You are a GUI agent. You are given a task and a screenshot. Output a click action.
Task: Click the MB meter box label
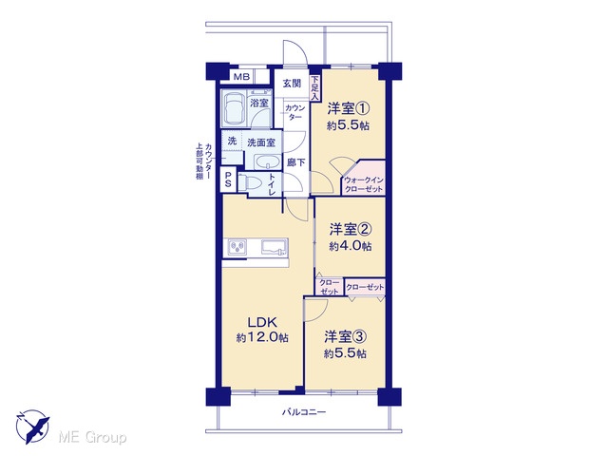pyautogui.click(x=241, y=77)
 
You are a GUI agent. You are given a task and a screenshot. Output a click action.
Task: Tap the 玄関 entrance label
pyautogui.click(x=292, y=84)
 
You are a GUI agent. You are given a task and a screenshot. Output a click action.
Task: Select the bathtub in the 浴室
pyautogui.click(x=234, y=108)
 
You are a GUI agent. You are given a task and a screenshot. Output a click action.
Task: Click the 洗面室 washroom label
pyautogui.click(x=261, y=142)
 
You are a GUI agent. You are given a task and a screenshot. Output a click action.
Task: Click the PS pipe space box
pyautogui.click(x=228, y=180)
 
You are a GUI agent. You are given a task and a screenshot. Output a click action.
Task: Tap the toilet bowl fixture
pyautogui.click(x=249, y=181)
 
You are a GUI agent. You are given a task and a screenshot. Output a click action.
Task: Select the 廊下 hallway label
pyautogui.click(x=295, y=162)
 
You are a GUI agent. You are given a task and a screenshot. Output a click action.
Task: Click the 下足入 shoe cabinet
pyautogui.click(x=314, y=88)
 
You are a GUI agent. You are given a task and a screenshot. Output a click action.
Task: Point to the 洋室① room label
pyautogui.click(x=348, y=108)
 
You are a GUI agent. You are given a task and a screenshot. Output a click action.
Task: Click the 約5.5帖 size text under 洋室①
pyautogui.click(x=348, y=125)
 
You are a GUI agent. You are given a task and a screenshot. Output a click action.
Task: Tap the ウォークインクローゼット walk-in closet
pyautogui.click(x=364, y=180)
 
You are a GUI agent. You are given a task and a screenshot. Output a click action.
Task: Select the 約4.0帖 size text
pyautogui.click(x=351, y=246)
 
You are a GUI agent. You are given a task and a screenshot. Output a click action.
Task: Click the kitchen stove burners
pyautogui.click(x=237, y=247)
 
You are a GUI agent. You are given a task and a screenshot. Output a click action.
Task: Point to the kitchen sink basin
pyautogui.click(x=275, y=247)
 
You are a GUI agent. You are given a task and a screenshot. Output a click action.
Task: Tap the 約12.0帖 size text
pyautogui.click(x=262, y=338)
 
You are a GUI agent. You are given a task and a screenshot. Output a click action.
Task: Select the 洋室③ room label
pyautogui.click(x=345, y=336)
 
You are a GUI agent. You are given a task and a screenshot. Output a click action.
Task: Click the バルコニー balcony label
pyautogui.click(x=304, y=411)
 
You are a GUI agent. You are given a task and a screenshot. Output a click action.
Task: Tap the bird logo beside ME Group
pyautogui.click(x=32, y=427)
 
